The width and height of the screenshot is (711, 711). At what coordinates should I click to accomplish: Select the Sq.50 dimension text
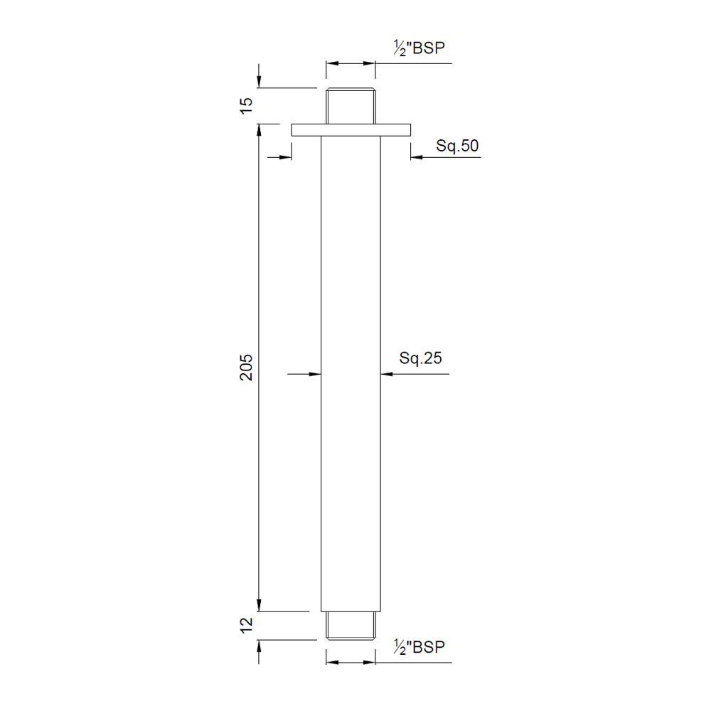point(457,146)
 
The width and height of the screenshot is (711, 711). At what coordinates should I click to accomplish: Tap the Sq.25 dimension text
point(421,358)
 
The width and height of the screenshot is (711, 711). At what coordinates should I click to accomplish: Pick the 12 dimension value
point(246,626)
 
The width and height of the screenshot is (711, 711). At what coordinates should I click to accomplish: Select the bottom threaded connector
point(351,624)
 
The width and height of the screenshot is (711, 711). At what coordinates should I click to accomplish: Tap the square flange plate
point(351,129)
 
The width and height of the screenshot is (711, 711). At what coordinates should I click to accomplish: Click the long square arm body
point(351,370)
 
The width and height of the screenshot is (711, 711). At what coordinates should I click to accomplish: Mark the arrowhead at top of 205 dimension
point(260,130)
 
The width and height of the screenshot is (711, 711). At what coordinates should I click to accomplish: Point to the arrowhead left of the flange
point(285,156)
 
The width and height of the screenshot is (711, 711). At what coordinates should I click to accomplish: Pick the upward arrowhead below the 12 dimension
point(260,646)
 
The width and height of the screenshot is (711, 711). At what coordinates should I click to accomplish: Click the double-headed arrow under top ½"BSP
point(351,64)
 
